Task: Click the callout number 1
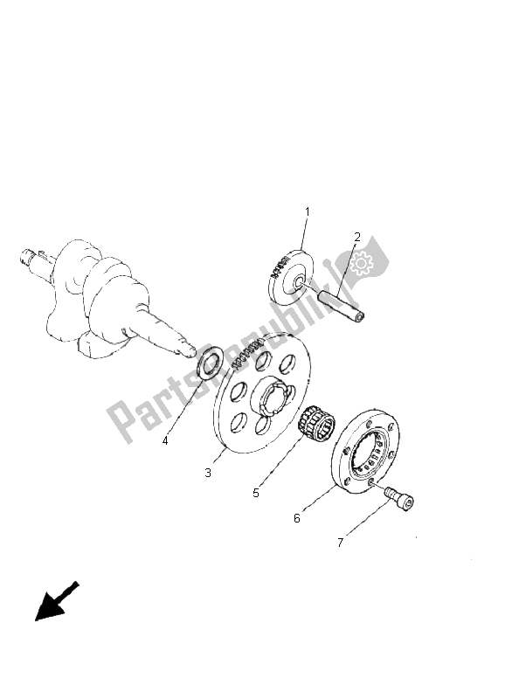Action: click(x=307, y=211)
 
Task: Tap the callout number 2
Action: click(x=357, y=237)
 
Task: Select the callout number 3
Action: click(x=208, y=473)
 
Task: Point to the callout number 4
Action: click(x=165, y=441)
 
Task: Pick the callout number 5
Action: click(x=256, y=493)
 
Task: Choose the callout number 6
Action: click(x=297, y=518)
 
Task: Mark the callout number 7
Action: click(x=340, y=543)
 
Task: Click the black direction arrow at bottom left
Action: click(x=56, y=601)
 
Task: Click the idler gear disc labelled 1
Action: click(x=291, y=278)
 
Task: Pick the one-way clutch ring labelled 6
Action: click(x=365, y=451)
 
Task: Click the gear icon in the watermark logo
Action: click(x=361, y=263)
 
